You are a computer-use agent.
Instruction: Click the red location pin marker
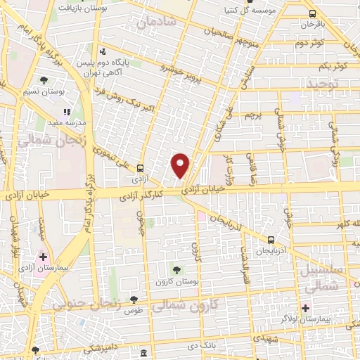pos(181,165)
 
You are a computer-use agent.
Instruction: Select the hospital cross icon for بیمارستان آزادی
pos(44,257)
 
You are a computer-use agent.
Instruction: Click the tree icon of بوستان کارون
pos(176,269)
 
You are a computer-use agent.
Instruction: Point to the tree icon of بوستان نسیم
pos(45,80)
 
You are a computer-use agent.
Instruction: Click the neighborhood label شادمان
pos(155,24)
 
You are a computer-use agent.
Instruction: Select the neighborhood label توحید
pos(321,84)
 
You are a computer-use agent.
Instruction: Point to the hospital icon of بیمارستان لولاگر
pos(305,308)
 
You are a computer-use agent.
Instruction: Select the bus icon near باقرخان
pos(311,13)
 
